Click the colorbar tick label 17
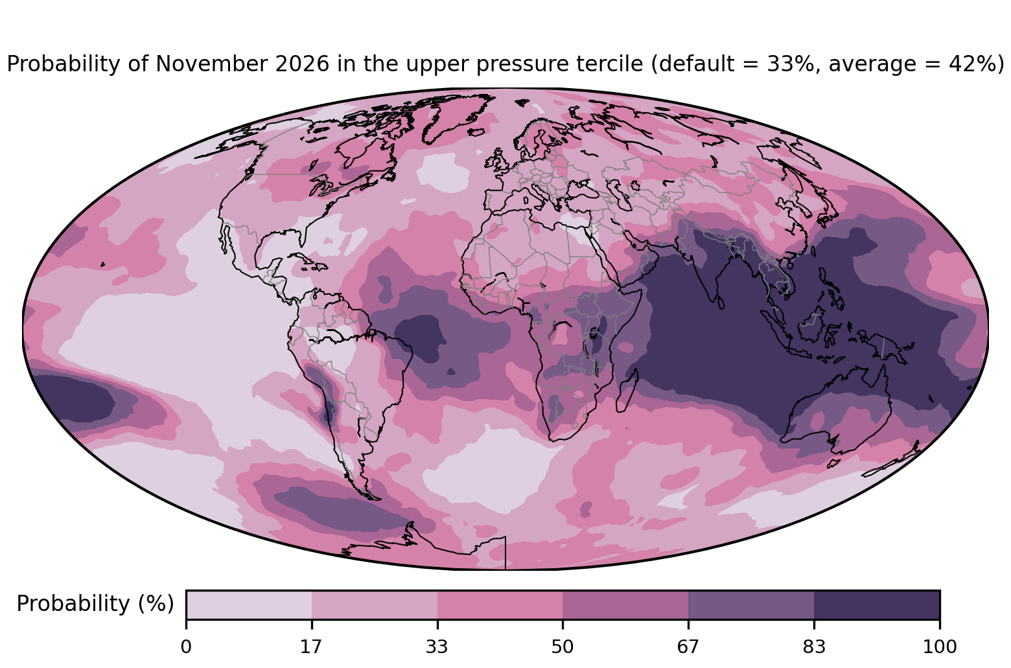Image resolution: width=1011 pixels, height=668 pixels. tap(311, 647)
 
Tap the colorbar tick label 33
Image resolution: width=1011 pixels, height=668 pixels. tap(437, 647)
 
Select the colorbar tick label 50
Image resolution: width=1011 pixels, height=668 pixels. tap(563, 647)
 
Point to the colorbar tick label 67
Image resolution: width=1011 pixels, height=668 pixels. tap(688, 647)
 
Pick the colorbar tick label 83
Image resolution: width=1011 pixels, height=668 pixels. tap(814, 647)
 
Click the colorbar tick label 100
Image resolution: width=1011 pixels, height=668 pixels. tap(940, 647)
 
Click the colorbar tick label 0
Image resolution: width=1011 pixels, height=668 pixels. tap(186, 647)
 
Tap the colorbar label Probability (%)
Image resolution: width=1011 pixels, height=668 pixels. tap(95, 604)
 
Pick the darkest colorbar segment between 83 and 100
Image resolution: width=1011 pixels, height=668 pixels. tap(877, 605)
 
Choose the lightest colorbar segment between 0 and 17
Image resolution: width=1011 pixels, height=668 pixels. tap(249, 605)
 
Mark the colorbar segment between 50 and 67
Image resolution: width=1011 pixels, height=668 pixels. tap(625, 605)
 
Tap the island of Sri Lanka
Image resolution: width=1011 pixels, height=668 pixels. tap(720, 303)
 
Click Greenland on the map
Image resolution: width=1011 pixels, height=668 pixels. tap(456, 115)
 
